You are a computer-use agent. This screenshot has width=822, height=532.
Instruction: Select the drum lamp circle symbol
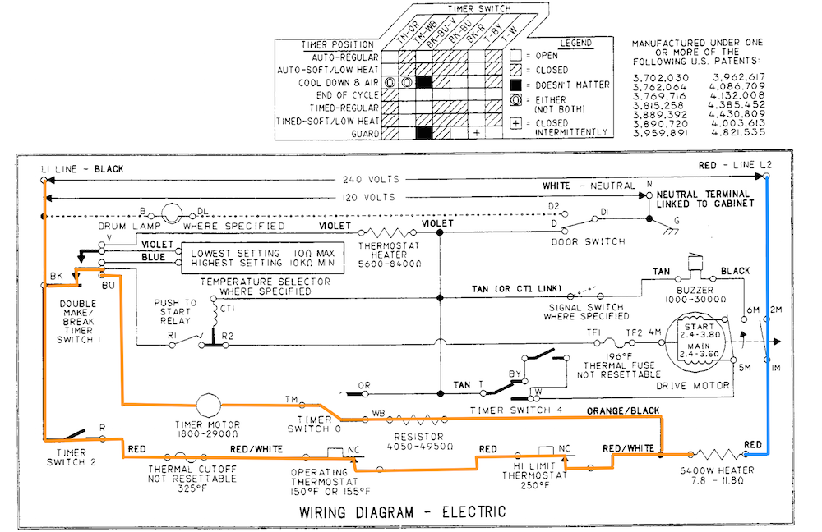point(172,213)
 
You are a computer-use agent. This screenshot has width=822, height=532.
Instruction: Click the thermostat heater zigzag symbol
point(389,232)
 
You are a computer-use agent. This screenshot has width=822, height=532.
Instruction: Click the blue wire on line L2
point(767,314)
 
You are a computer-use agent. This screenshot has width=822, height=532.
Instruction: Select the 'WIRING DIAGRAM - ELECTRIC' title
point(403,511)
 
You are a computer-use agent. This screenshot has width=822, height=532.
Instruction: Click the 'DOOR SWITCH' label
point(589,241)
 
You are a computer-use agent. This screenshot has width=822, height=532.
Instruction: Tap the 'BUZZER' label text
point(695,290)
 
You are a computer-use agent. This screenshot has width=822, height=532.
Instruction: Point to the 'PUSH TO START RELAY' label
point(175,311)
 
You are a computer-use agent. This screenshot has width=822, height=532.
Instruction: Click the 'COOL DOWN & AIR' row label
point(338,83)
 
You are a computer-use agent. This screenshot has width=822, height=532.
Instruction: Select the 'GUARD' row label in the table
point(365,134)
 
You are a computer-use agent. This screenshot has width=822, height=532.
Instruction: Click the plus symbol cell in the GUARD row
point(476,133)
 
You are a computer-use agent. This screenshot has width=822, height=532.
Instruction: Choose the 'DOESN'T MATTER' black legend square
point(516,85)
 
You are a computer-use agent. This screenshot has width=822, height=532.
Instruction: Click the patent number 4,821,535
point(738,132)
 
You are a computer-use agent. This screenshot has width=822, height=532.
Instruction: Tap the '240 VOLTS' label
point(372,179)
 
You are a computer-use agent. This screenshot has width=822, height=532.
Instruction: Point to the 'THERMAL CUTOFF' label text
point(192,469)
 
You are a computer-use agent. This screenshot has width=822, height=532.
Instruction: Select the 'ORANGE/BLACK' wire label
point(623,410)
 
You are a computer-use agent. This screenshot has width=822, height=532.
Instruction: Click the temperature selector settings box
point(263,258)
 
